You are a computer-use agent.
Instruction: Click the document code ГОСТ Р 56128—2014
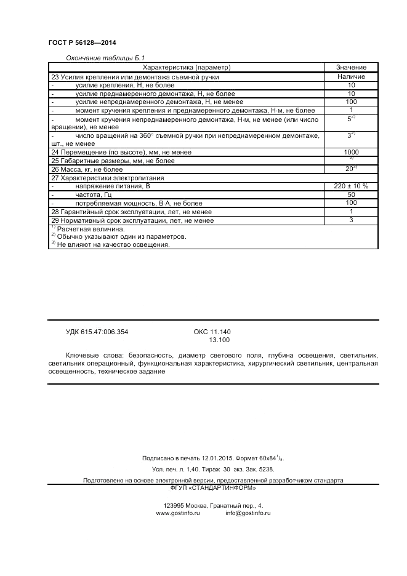(x=82, y=42)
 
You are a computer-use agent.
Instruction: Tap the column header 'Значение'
(x=351, y=67)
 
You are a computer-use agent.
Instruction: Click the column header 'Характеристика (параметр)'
(x=186, y=67)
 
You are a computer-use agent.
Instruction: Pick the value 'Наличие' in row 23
(x=351, y=77)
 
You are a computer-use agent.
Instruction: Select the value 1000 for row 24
(x=351, y=152)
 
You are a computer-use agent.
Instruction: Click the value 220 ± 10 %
(x=351, y=186)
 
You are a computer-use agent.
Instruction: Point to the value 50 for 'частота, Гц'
(x=351, y=194)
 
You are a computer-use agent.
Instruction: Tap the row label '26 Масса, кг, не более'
(x=87, y=169)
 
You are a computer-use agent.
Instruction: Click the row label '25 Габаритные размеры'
(x=104, y=161)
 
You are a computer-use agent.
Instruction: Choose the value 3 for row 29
(x=351, y=220)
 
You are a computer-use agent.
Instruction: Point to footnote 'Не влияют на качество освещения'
(x=112, y=244)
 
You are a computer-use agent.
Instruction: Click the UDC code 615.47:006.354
(x=97, y=332)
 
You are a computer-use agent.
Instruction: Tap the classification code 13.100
(x=219, y=340)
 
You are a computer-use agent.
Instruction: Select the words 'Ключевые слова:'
(x=92, y=356)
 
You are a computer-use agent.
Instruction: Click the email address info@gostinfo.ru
(x=248, y=513)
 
